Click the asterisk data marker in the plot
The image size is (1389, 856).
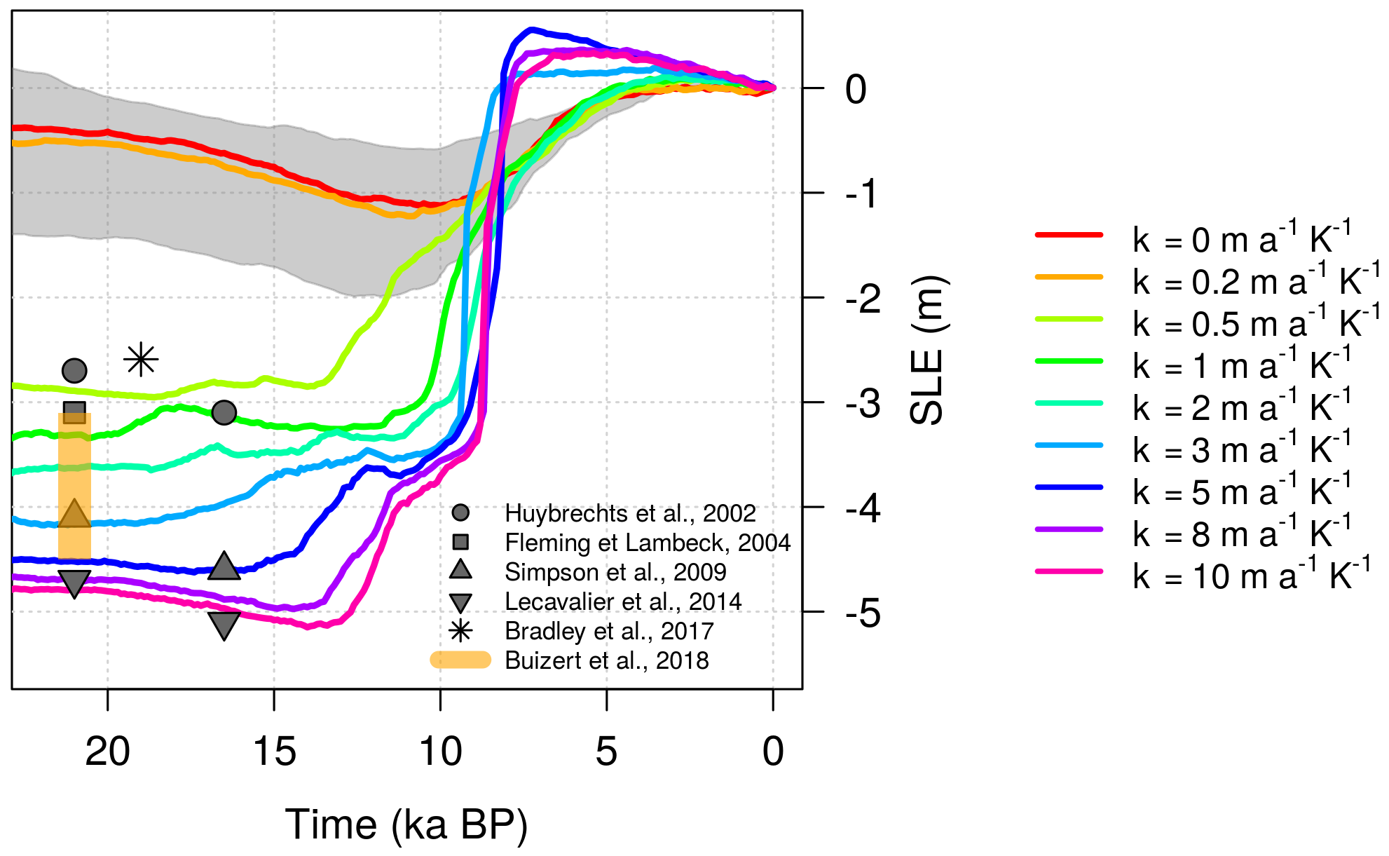(141, 360)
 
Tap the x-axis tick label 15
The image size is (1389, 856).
(274, 752)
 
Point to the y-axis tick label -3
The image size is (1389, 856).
(863, 404)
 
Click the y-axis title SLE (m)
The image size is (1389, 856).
(927, 351)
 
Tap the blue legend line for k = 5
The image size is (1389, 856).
(1069, 487)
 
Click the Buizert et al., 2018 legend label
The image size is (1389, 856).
(606, 660)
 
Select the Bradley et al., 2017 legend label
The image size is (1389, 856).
(608, 631)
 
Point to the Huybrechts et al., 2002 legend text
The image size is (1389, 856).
(629, 513)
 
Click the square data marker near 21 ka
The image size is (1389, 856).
(74, 411)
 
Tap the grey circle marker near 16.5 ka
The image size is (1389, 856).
(224, 412)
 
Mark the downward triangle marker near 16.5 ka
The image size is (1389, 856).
(224, 625)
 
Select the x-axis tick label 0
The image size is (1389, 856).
(773, 752)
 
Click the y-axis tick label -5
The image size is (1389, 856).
(863, 613)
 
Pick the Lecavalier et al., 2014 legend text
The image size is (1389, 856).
(622, 602)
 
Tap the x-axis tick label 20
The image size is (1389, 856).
(107, 752)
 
